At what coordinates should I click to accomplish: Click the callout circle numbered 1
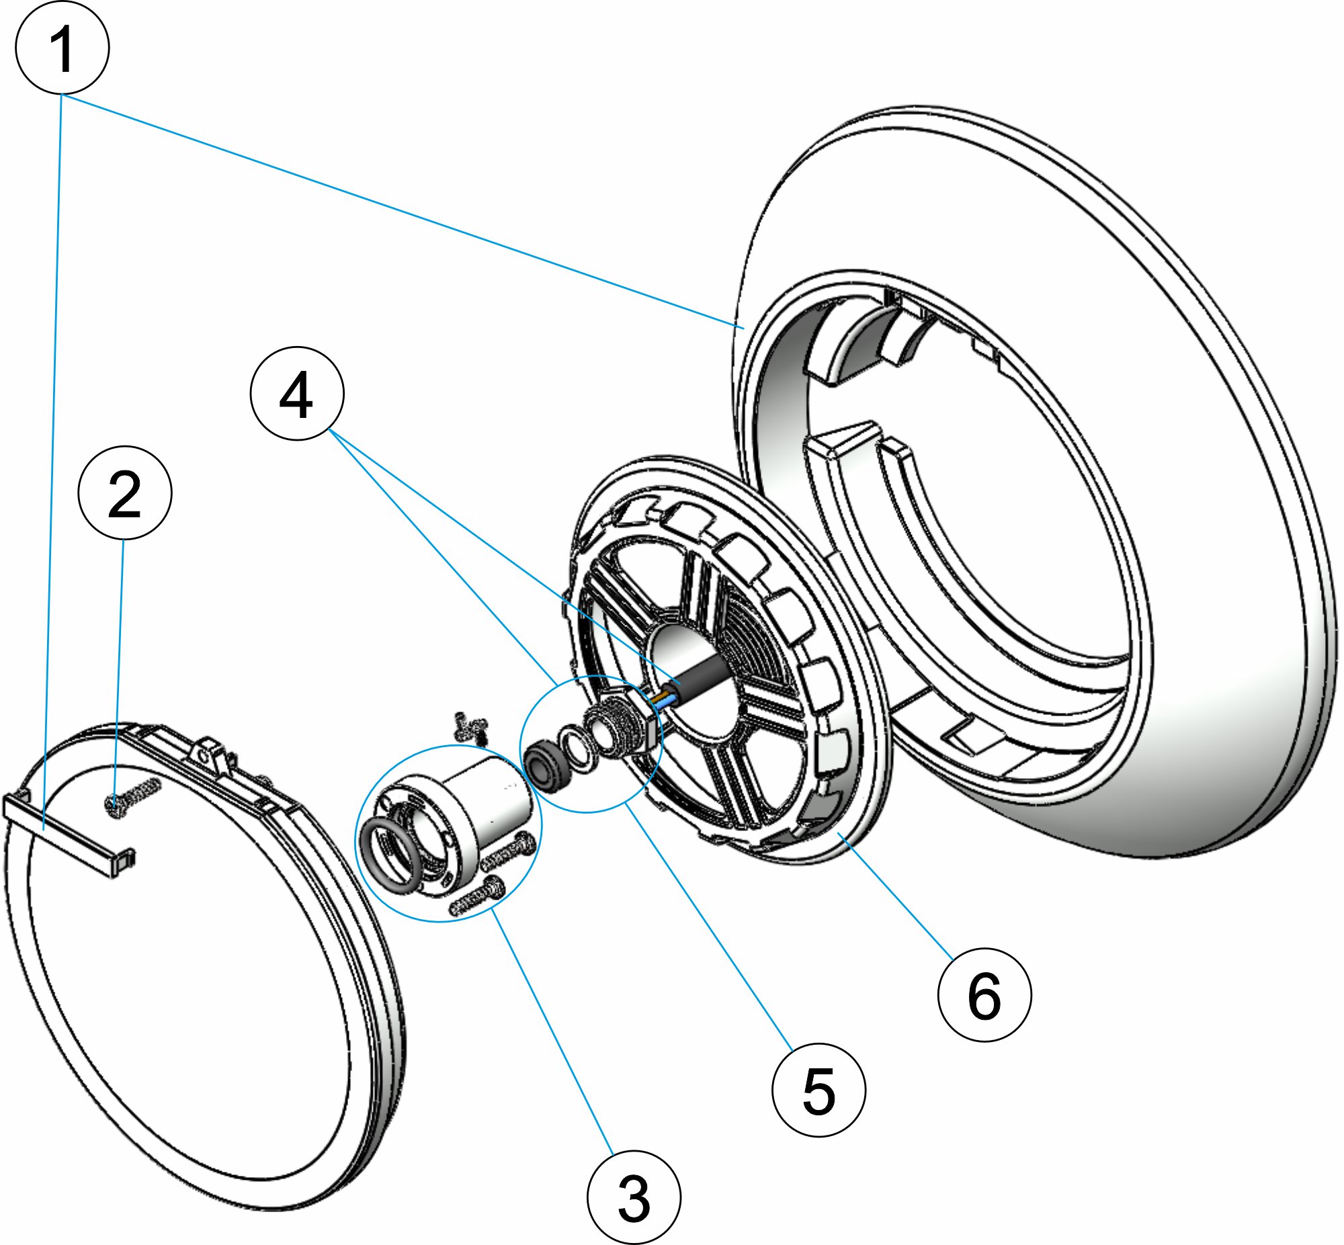pyautogui.click(x=62, y=48)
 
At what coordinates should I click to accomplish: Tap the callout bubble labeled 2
pyautogui.click(x=125, y=493)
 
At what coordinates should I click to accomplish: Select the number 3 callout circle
pyautogui.click(x=633, y=1197)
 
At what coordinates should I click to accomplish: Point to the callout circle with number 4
pyautogui.click(x=297, y=394)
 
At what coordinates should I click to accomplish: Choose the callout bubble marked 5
pyautogui.click(x=818, y=1090)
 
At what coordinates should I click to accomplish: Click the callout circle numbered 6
pyautogui.click(x=984, y=995)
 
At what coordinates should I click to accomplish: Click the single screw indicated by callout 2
pyautogui.click(x=132, y=796)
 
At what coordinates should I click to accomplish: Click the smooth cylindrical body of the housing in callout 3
pyautogui.click(x=495, y=802)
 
